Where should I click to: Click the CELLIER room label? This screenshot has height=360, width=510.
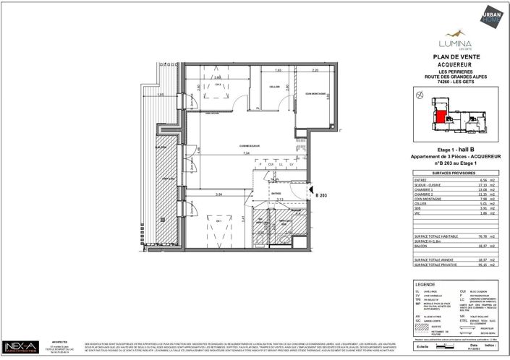(x=274, y=85)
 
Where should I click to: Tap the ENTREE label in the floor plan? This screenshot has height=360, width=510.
(x=276, y=194)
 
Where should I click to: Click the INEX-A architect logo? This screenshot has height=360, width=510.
(x=22, y=347)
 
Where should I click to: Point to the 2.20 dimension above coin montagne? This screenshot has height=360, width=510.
(x=315, y=70)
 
